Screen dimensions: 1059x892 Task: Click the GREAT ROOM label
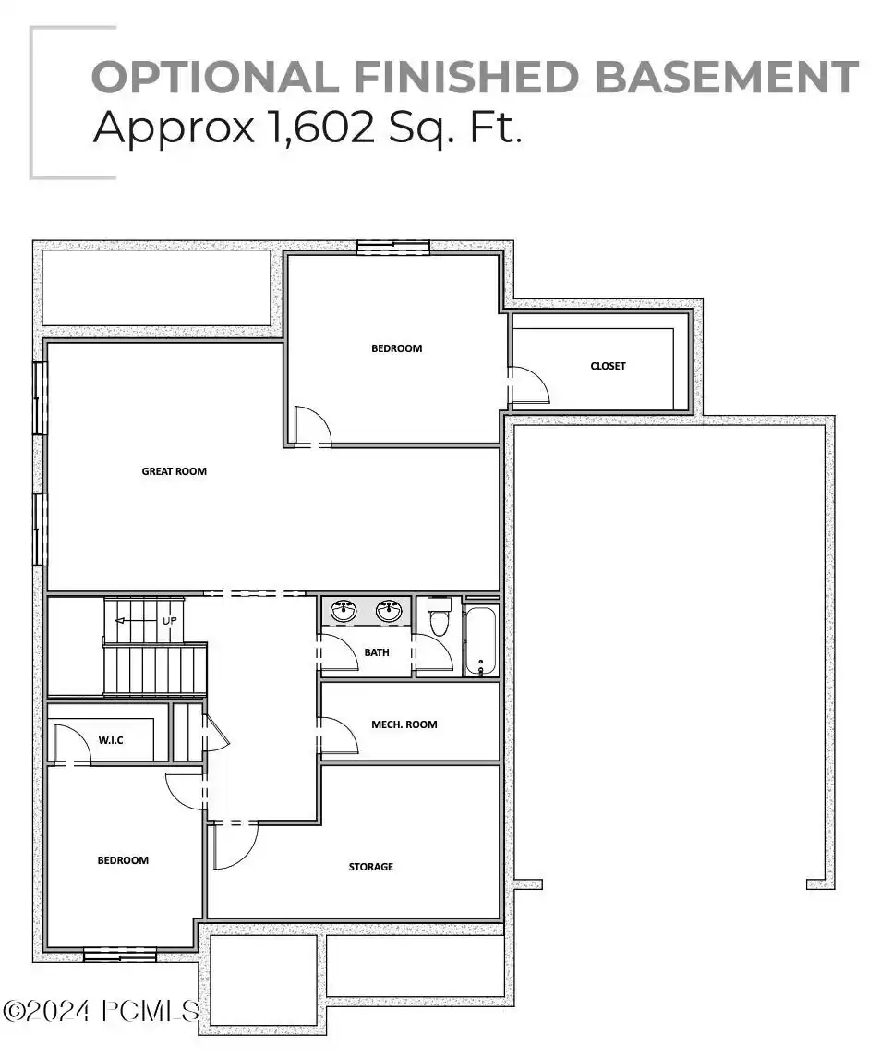pos(174,471)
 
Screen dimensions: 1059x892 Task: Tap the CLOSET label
pos(608,366)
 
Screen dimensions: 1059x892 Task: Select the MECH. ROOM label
pos(404,724)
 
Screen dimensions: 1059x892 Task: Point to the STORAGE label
pos(370,867)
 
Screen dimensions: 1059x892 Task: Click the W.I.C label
pos(111,740)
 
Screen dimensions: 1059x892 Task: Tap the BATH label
pos(377,652)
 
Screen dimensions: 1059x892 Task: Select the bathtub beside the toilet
pos(480,639)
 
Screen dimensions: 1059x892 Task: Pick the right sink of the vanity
pos(389,610)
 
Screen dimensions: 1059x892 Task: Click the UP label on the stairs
pos(170,621)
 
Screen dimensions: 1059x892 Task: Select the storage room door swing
pos(235,846)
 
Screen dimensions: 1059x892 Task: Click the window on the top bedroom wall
pos(393,247)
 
